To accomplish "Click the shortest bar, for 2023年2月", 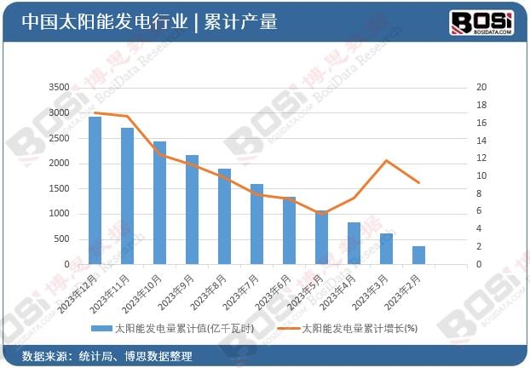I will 418,255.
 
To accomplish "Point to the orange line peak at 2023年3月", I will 386,160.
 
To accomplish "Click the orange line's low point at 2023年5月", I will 321,213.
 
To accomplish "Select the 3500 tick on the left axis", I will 59,88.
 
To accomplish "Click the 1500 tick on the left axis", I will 59,189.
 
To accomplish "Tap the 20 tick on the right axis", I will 481,88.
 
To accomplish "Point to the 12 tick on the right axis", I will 481,158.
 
